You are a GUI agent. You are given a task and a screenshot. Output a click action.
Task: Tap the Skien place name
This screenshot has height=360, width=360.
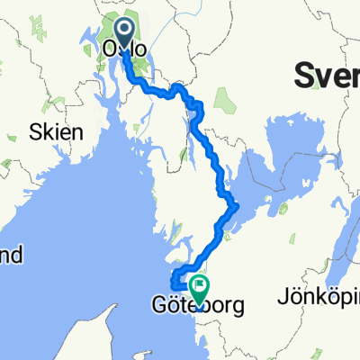pyautogui.click(x=58, y=131)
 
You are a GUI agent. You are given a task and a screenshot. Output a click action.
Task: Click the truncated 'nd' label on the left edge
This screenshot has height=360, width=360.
pyautogui.click(x=11, y=256)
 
